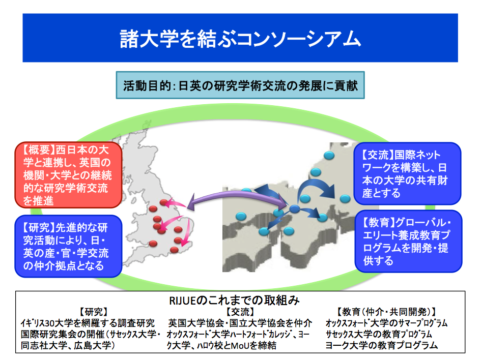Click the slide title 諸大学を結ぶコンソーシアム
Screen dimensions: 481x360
240,39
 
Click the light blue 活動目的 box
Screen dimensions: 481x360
240,85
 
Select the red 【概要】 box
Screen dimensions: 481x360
68,175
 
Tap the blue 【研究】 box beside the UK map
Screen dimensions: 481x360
68,246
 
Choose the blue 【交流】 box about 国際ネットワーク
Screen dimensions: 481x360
407,173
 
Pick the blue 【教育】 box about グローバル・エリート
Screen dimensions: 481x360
408,241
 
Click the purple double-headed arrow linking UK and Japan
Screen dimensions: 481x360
237,198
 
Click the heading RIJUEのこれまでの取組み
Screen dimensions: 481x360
234,301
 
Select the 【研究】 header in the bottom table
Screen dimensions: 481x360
94,312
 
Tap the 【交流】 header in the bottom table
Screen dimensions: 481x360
240,312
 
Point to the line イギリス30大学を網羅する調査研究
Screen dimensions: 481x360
88,323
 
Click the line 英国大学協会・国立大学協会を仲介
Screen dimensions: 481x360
240,323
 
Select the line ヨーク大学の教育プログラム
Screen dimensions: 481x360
381,345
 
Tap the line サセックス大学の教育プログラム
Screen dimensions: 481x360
379,334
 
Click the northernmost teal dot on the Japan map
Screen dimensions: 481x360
329,155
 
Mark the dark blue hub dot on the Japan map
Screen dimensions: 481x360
295,209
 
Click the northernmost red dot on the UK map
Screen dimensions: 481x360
164,202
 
